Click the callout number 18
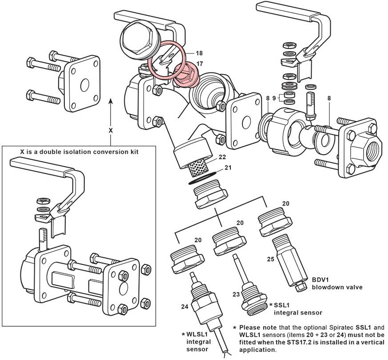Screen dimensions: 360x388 pos(199,53)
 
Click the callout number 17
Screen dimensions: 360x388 pos(199,64)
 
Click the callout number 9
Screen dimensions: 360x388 pos(275,98)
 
